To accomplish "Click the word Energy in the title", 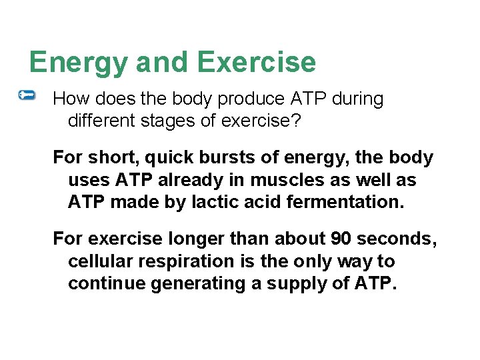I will pyautogui.click(x=79, y=63).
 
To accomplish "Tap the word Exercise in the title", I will pyautogui.click(x=257, y=62).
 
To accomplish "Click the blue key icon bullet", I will pyautogui.click(x=27, y=96).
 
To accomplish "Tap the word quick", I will pyautogui.click(x=166, y=158).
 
